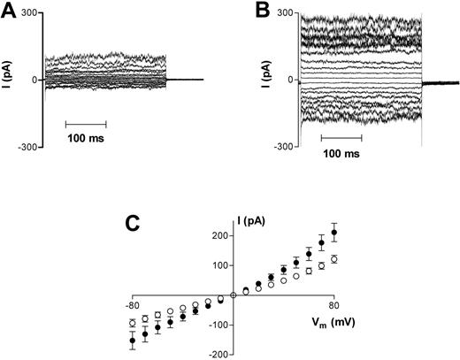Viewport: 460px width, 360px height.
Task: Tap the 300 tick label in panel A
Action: click(x=27, y=14)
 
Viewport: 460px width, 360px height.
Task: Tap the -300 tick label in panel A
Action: click(x=26, y=146)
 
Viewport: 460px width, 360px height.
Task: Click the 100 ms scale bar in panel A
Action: click(x=87, y=123)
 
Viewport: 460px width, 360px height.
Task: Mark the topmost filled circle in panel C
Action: click(x=333, y=233)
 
